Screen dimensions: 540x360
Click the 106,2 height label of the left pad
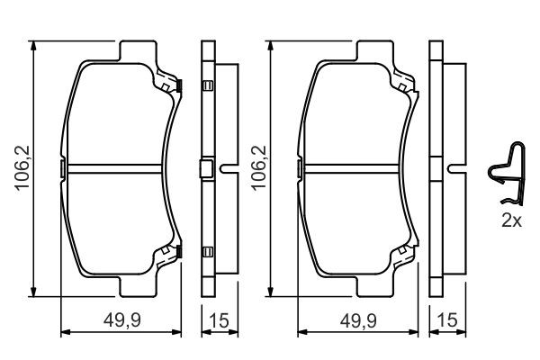pyautogui.click(x=23, y=168)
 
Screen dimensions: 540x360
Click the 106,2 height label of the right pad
pyautogui.click(x=260, y=168)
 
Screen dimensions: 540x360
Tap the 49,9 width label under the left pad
pyautogui.click(x=122, y=320)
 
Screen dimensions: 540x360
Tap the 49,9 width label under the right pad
pyautogui.click(x=358, y=320)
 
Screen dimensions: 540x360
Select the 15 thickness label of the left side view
pyautogui.click(x=219, y=320)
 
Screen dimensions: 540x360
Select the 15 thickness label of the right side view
pyautogui.click(x=447, y=320)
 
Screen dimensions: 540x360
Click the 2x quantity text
pyautogui.click(x=512, y=220)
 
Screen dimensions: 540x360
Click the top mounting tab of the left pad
pyautogui.click(x=138, y=51)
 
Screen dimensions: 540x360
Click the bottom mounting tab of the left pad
pyautogui.click(x=138, y=286)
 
